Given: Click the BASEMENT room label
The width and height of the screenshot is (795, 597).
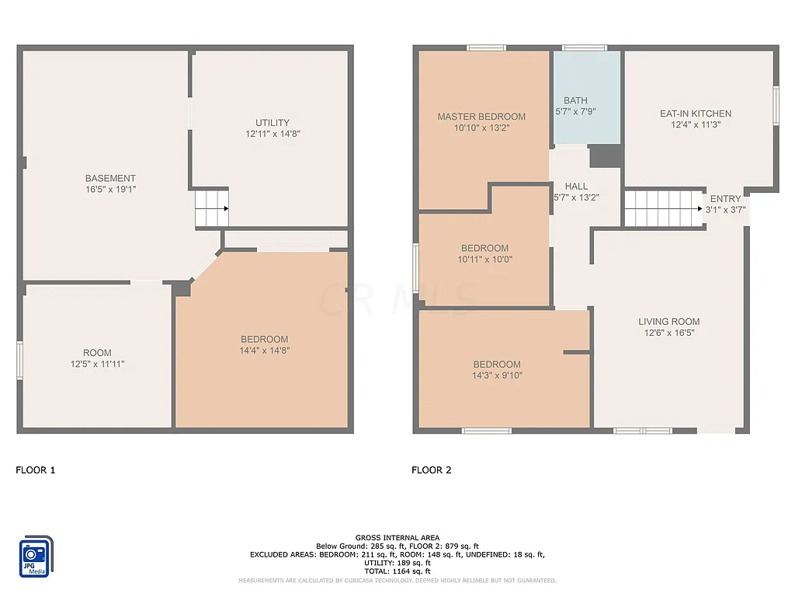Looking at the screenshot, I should click(110, 178).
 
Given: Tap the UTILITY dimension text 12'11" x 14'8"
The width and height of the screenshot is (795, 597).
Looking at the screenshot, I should click(273, 134).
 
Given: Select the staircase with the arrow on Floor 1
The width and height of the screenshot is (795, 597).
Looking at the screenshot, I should click(211, 208).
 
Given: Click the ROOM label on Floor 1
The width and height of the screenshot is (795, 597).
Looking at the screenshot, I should click(97, 353).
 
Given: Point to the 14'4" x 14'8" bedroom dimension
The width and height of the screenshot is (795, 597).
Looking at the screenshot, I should click(264, 350).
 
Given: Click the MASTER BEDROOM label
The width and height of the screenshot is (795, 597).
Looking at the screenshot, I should click(481, 117).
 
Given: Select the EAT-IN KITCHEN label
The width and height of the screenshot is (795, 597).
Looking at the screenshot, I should click(696, 113).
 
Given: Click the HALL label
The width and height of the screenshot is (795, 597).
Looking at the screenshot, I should click(576, 187).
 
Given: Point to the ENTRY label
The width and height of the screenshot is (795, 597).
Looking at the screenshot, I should click(725, 199).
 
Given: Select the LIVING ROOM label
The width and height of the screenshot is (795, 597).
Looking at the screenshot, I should click(669, 322).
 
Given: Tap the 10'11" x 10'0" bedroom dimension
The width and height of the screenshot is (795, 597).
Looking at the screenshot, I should click(485, 260).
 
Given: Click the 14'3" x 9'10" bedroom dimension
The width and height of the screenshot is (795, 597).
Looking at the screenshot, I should click(497, 375).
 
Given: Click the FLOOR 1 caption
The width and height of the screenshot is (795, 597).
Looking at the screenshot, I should click(36, 470).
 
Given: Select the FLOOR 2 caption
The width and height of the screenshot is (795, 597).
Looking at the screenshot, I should click(432, 470).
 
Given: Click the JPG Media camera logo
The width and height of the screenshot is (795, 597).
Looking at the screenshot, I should click(36, 557).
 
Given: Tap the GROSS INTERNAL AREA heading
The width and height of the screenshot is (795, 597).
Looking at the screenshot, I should click(397, 538).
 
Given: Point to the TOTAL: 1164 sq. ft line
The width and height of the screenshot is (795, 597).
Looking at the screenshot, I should click(397, 571).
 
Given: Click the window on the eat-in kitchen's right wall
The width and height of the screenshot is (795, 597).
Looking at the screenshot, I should click(775, 106).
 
